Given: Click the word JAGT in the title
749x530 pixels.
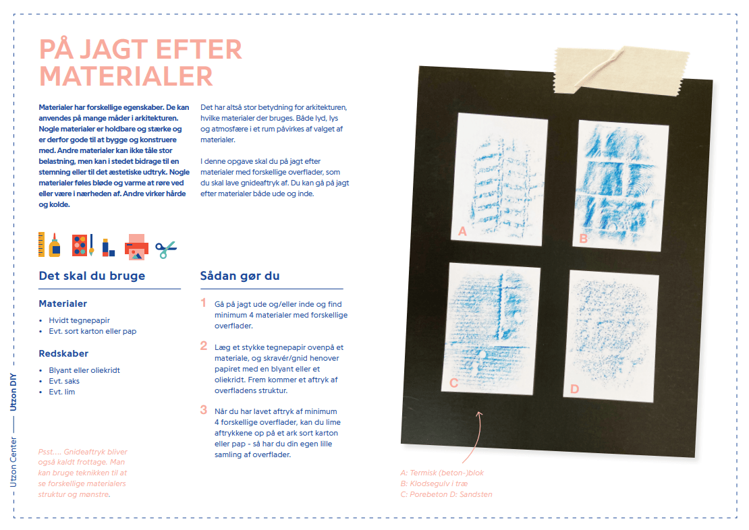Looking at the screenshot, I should coord(111,50).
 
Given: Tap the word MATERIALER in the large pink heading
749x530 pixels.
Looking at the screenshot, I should coord(126,76).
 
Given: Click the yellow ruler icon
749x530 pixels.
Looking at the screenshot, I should coord(42,244).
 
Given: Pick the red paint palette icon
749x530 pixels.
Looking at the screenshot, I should coord(80,245).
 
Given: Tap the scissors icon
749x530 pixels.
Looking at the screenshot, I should coord(166,250).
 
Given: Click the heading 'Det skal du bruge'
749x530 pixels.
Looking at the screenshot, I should coord(92,276).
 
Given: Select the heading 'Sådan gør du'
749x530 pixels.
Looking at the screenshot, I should coord(240,276).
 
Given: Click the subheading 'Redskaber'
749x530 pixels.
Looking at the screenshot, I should coord(63,353).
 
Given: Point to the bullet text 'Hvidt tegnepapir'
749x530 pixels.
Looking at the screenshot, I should coord(79,320).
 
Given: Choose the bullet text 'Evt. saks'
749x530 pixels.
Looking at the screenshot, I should coord(65,381).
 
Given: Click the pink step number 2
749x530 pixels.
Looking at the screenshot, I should coord(204,346).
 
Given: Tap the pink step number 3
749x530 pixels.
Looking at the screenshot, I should coord(204,409).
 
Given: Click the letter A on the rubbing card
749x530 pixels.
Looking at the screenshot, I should coord(462,231).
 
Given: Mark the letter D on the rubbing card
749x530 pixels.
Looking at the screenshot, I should coord(574,389).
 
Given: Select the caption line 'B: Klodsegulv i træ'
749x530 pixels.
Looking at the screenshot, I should coord(434,483).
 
